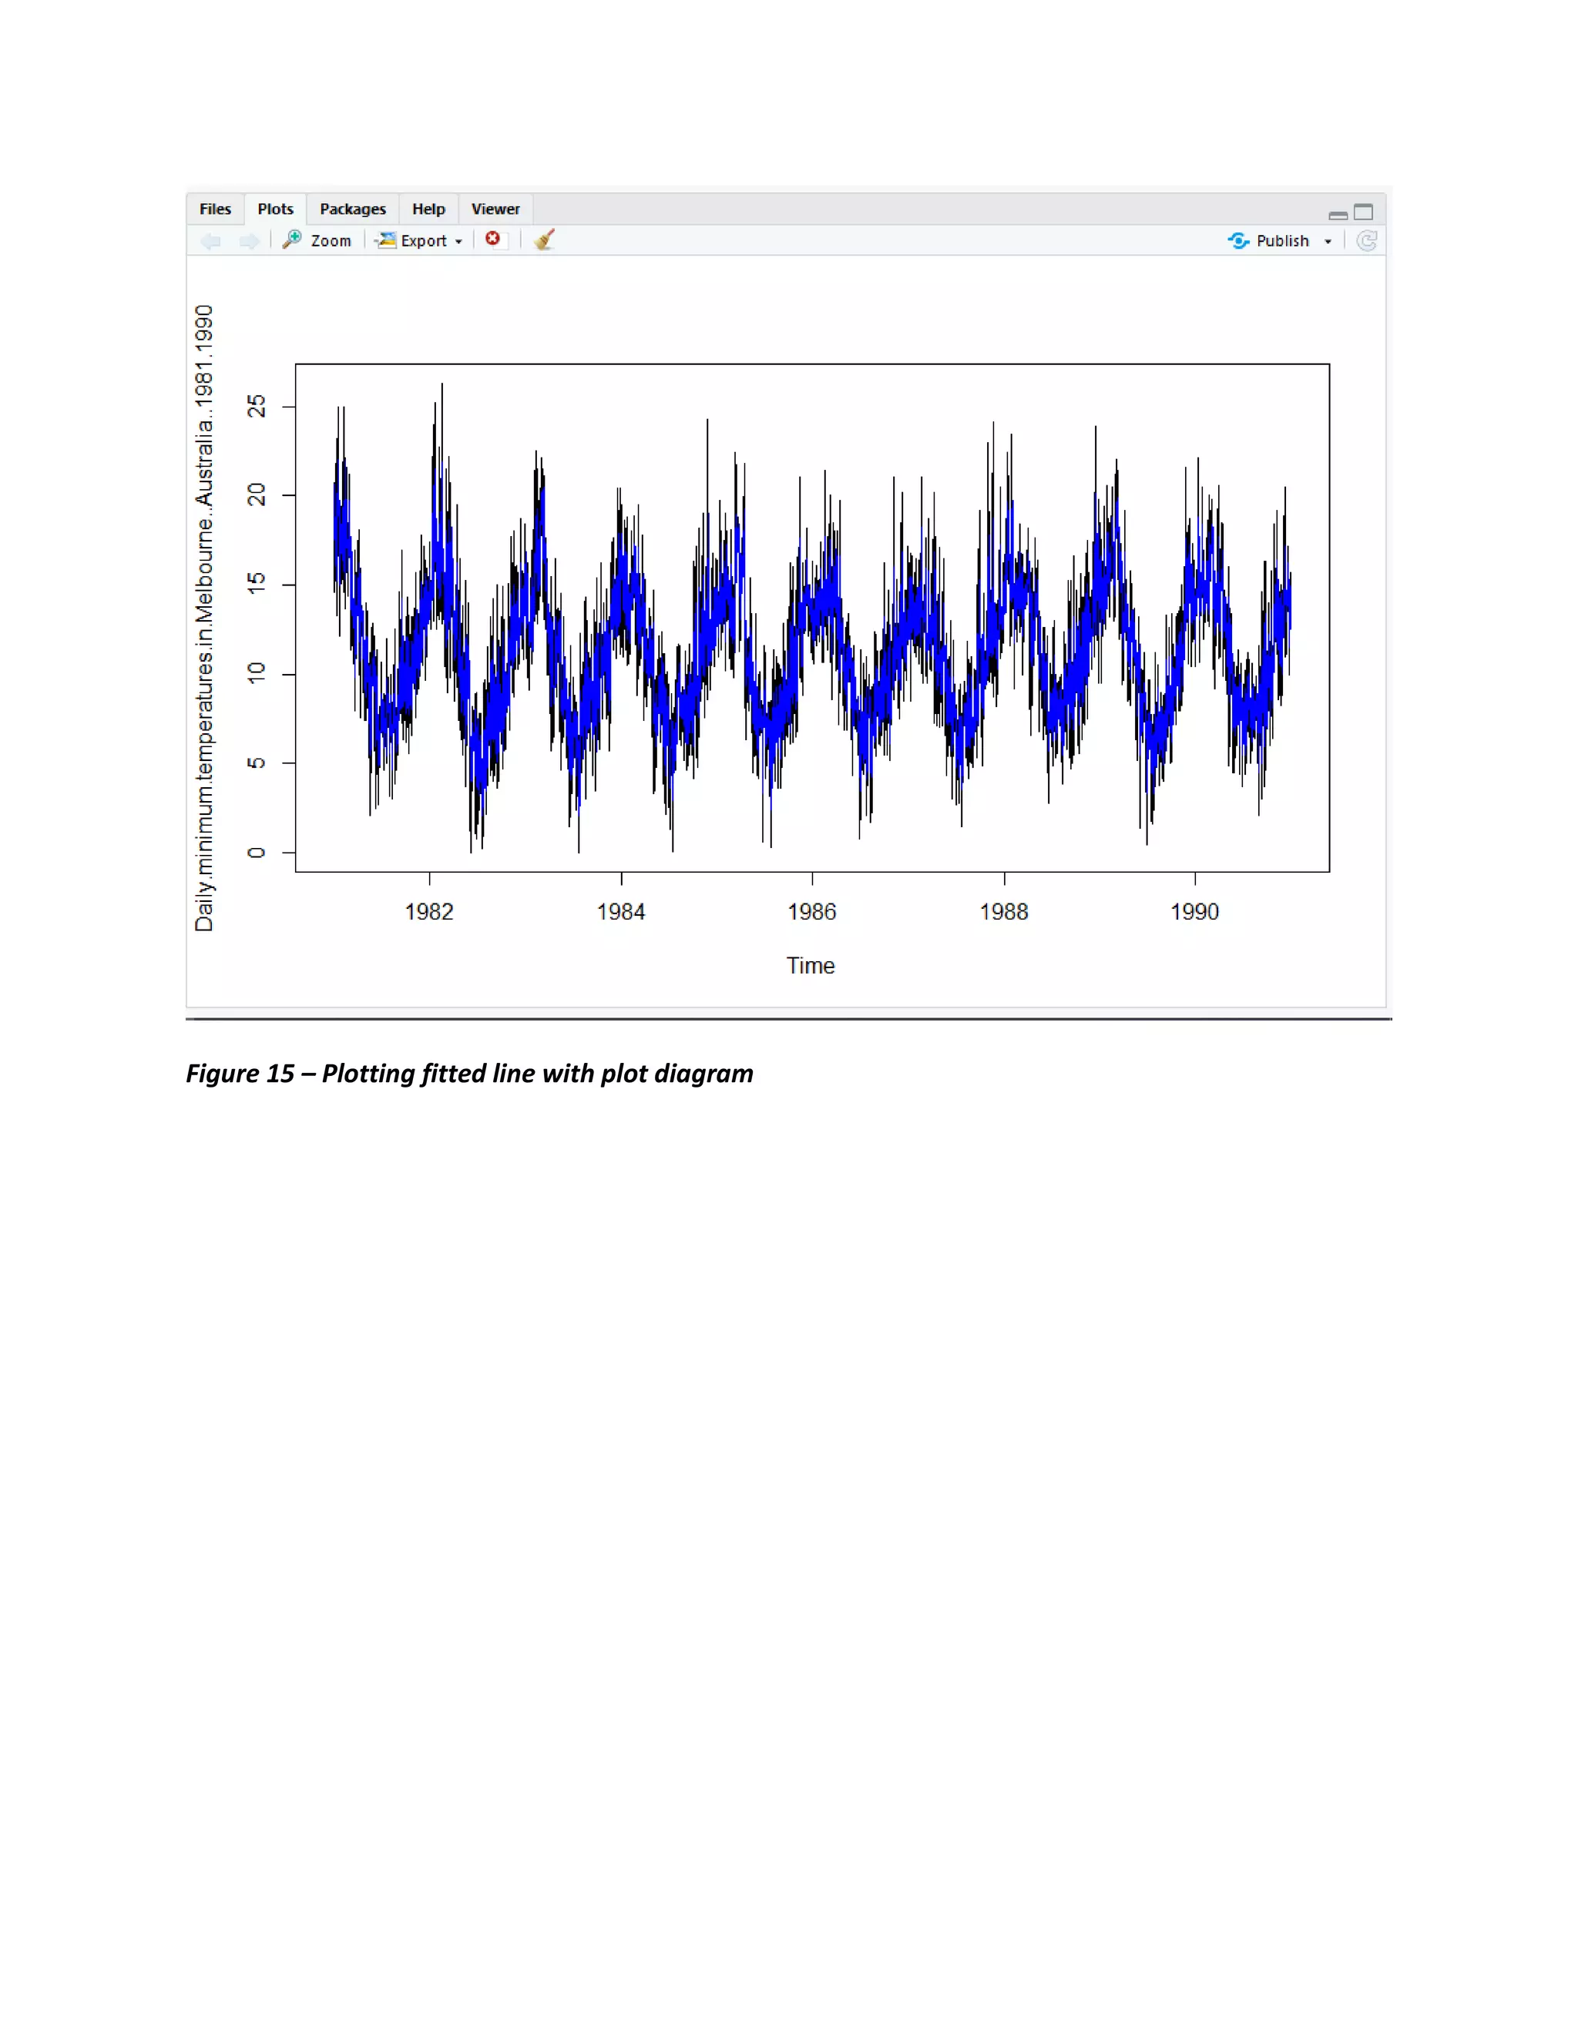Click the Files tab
click(215, 209)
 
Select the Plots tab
click(275, 209)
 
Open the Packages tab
click(352, 209)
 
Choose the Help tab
click(428, 209)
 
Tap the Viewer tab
click(495, 209)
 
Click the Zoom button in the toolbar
click(318, 240)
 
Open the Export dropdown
click(420, 240)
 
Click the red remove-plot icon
click(492, 240)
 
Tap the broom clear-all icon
click(544, 240)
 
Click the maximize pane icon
click(1364, 212)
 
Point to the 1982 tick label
click(429, 912)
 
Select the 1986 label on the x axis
click(811, 912)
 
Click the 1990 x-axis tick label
click(1195, 912)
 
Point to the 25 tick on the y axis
click(256, 407)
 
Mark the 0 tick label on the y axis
click(256, 853)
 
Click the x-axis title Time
click(811, 965)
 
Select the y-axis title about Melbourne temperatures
click(203, 618)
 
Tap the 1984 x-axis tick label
click(621, 912)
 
